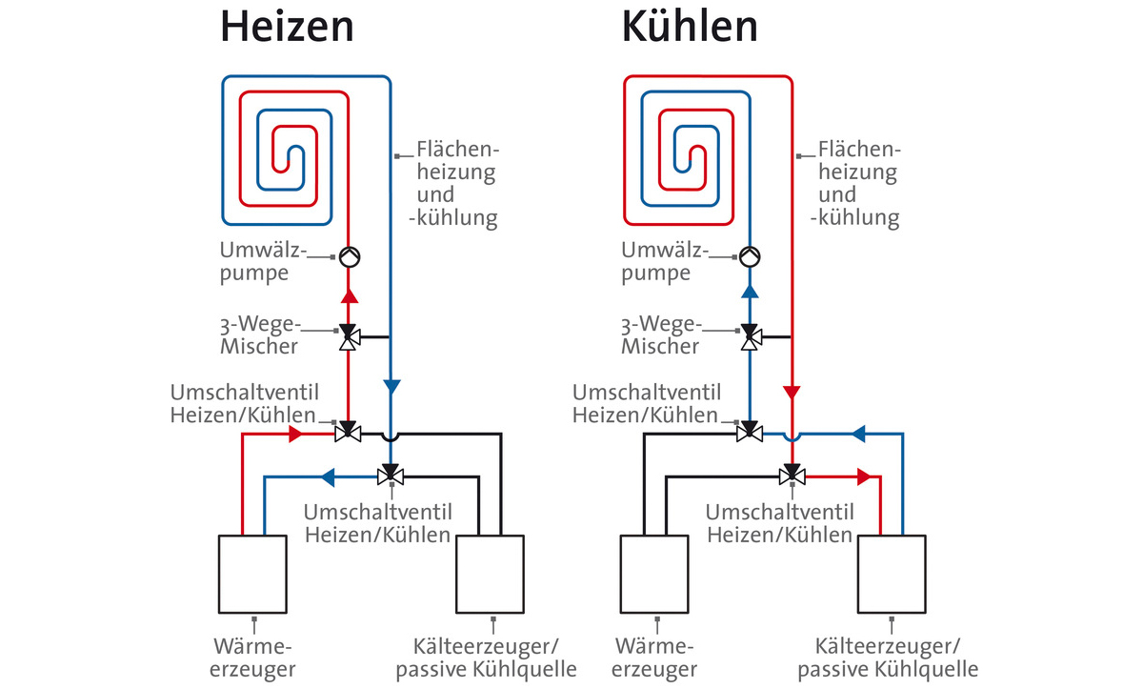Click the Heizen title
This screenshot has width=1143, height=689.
(x=287, y=27)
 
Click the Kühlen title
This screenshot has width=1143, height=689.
(x=690, y=27)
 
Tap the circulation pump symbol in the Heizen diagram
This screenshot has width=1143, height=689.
(x=350, y=256)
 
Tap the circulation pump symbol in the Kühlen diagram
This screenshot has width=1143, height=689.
(x=750, y=256)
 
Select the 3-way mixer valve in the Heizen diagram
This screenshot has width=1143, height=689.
(x=349, y=336)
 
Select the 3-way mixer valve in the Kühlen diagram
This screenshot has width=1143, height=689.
(x=751, y=336)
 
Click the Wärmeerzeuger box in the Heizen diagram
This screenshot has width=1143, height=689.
(x=252, y=574)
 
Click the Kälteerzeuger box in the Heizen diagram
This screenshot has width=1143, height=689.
(x=490, y=574)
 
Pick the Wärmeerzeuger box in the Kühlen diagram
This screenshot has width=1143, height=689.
(x=654, y=574)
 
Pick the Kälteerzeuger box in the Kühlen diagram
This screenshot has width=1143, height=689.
(x=892, y=574)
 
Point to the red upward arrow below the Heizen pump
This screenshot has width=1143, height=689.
(x=349, y=296)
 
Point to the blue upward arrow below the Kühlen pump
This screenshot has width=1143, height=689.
(x=750, y=292)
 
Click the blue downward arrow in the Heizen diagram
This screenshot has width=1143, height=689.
(x=391, y=387)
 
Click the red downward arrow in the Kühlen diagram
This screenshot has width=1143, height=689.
(x=792, y=393)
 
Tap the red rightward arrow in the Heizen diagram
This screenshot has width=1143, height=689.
(x=295, y=435)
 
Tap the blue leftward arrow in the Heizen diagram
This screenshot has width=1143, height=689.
(x=328, y=477)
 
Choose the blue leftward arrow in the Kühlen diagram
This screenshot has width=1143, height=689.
(x=858, y=435)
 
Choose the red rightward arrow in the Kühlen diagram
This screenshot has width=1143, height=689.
(x=864, y=477)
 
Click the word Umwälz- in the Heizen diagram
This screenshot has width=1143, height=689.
(x=263, y=250)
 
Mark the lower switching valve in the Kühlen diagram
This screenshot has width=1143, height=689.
(x=792, y=475)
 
